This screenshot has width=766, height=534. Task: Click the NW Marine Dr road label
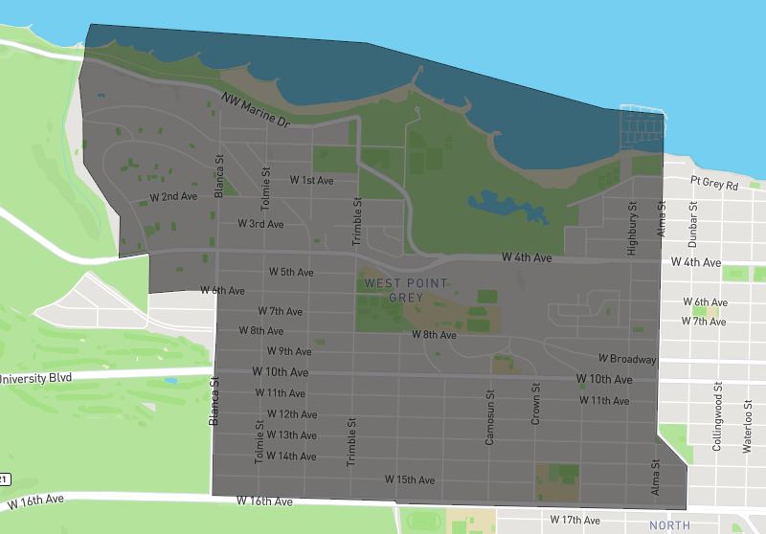(x=255, y=111)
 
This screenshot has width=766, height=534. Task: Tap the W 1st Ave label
(x=311, y=180)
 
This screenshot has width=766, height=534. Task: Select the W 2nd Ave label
(x=173, y=196)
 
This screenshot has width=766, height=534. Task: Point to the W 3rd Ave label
(x=260, y=224)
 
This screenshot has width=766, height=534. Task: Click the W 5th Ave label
(x=290, y=272)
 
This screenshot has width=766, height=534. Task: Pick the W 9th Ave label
(x=289, y=351)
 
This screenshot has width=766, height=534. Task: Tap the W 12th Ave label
(x=291, y=414)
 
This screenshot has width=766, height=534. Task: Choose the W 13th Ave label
(x=290, y=435)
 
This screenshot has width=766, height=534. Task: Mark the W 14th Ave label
(x=290, y=456)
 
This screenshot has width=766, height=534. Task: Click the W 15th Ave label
(x=410, y=478)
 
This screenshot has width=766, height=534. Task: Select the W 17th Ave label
(x=575, y=520)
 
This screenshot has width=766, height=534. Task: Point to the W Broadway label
(x=628, y=359)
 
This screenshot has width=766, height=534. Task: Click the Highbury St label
(x=632, y=229)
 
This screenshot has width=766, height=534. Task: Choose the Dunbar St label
(x=692, y=223)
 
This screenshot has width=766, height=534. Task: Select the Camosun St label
(x=489, y=417)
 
